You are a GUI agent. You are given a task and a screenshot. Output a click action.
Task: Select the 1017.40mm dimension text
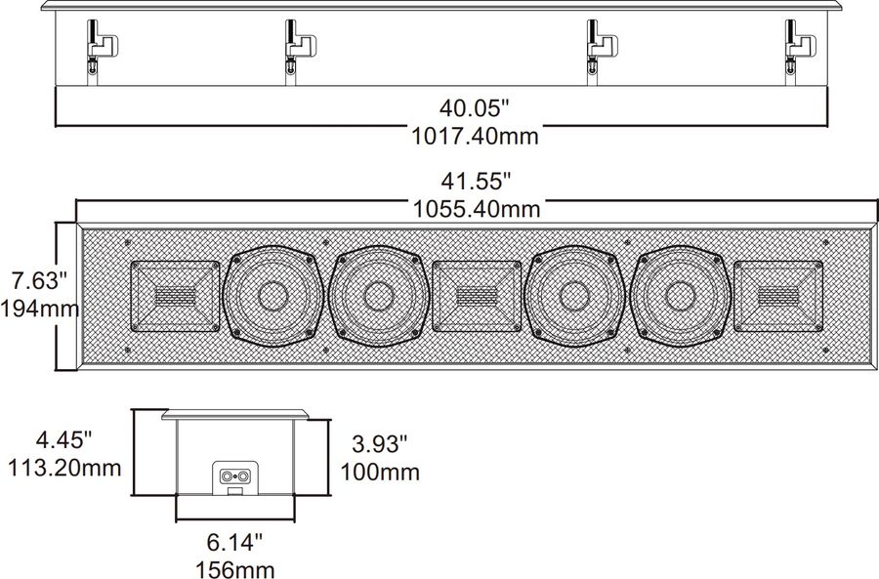(476, 136)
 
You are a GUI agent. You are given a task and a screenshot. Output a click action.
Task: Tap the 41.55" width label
(477, 181)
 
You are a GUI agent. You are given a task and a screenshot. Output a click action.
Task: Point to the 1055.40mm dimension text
(477, 208)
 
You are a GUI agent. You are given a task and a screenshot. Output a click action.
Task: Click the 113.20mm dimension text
(64, 468)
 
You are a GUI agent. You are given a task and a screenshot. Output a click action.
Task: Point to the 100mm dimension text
(380, 473)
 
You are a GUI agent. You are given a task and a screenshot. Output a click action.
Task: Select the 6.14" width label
(233, 539)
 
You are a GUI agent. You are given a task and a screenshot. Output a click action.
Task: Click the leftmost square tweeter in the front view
(176, 294)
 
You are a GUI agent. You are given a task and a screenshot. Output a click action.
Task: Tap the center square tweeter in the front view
(477, 294)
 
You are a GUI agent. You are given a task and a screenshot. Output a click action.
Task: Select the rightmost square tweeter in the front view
(778, 294)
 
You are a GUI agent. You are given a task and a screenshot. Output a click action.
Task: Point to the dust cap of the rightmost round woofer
(681, 295)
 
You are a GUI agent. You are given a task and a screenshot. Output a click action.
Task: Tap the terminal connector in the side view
(234, 477)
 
